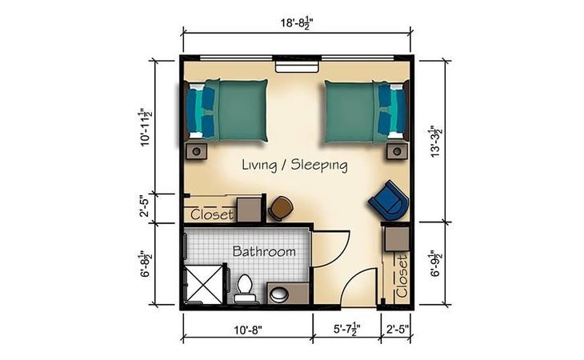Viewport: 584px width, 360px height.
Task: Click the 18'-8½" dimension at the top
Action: pos(297,23)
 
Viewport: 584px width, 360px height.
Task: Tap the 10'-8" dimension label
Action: pos(248,330)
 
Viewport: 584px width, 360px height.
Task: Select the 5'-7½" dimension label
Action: pos(346,329)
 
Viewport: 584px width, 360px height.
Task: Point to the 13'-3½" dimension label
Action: pos(436,142)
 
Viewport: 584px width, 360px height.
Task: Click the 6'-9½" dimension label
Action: pos(436,263)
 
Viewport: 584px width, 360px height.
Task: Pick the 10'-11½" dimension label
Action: pos(146,127)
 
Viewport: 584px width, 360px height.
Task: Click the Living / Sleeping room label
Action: pos(294,165)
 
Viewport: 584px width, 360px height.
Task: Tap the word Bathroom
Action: pos(264,251)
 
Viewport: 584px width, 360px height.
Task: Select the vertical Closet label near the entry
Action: pos(402,276)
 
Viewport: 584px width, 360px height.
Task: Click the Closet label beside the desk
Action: pos(212,214)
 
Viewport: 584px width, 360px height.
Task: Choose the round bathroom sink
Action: pos(279,295)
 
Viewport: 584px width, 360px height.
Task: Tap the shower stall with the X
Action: pos(204,284)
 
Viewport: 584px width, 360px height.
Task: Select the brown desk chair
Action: pos(281,208)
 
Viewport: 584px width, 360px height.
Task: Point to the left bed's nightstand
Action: pos(196,151)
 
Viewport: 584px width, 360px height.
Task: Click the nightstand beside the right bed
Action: pos(397,151)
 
